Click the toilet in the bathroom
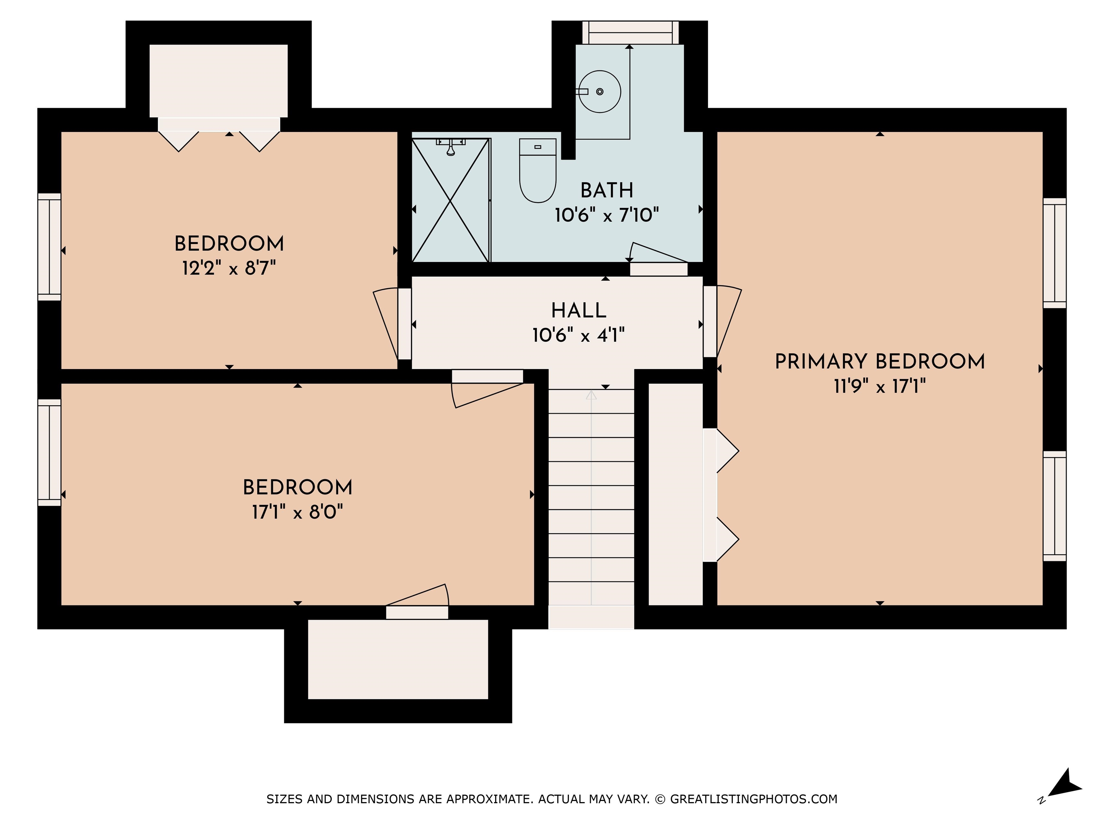click(x=538, y=171)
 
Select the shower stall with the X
click(x=450, y=200)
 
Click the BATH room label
click(x=607, y=190)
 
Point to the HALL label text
click(x=579, y=310)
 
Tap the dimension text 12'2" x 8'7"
click(x=229, y=268)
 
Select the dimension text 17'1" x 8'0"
click(x=298, y=512)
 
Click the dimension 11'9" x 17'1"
click(x=880, y=386)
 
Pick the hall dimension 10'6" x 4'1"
click(x=579, y=335)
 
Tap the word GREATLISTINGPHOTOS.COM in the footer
click(x=754, y=799)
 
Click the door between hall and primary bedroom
click(x=723, y=321)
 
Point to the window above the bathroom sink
click(x=630, y=32)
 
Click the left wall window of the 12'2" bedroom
click(x=49, y=247)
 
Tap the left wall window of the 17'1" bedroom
click(x=49, y=452)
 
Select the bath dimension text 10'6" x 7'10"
click(x=607, y=215)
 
